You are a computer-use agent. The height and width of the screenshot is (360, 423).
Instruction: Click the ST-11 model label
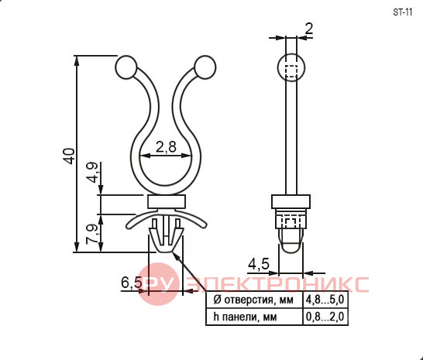[x=403, y=12]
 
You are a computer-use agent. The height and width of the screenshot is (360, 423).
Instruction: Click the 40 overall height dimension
[x=69, y=156]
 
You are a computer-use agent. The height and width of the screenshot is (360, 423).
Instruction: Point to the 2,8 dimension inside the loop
[x=166, y=147]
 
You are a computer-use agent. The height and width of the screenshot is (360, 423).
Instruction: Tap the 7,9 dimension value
[x=91, y=234]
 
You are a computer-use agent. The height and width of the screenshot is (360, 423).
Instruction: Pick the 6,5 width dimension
[x=132, y=283]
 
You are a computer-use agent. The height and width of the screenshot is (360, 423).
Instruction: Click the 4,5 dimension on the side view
[x=259, y=264]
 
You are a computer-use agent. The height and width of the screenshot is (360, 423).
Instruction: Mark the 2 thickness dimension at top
[x=309, y=29]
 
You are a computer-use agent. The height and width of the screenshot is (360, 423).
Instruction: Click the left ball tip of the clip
[x=126, y=67]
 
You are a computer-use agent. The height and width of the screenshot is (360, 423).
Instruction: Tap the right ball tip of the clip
[x=205, y=67]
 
